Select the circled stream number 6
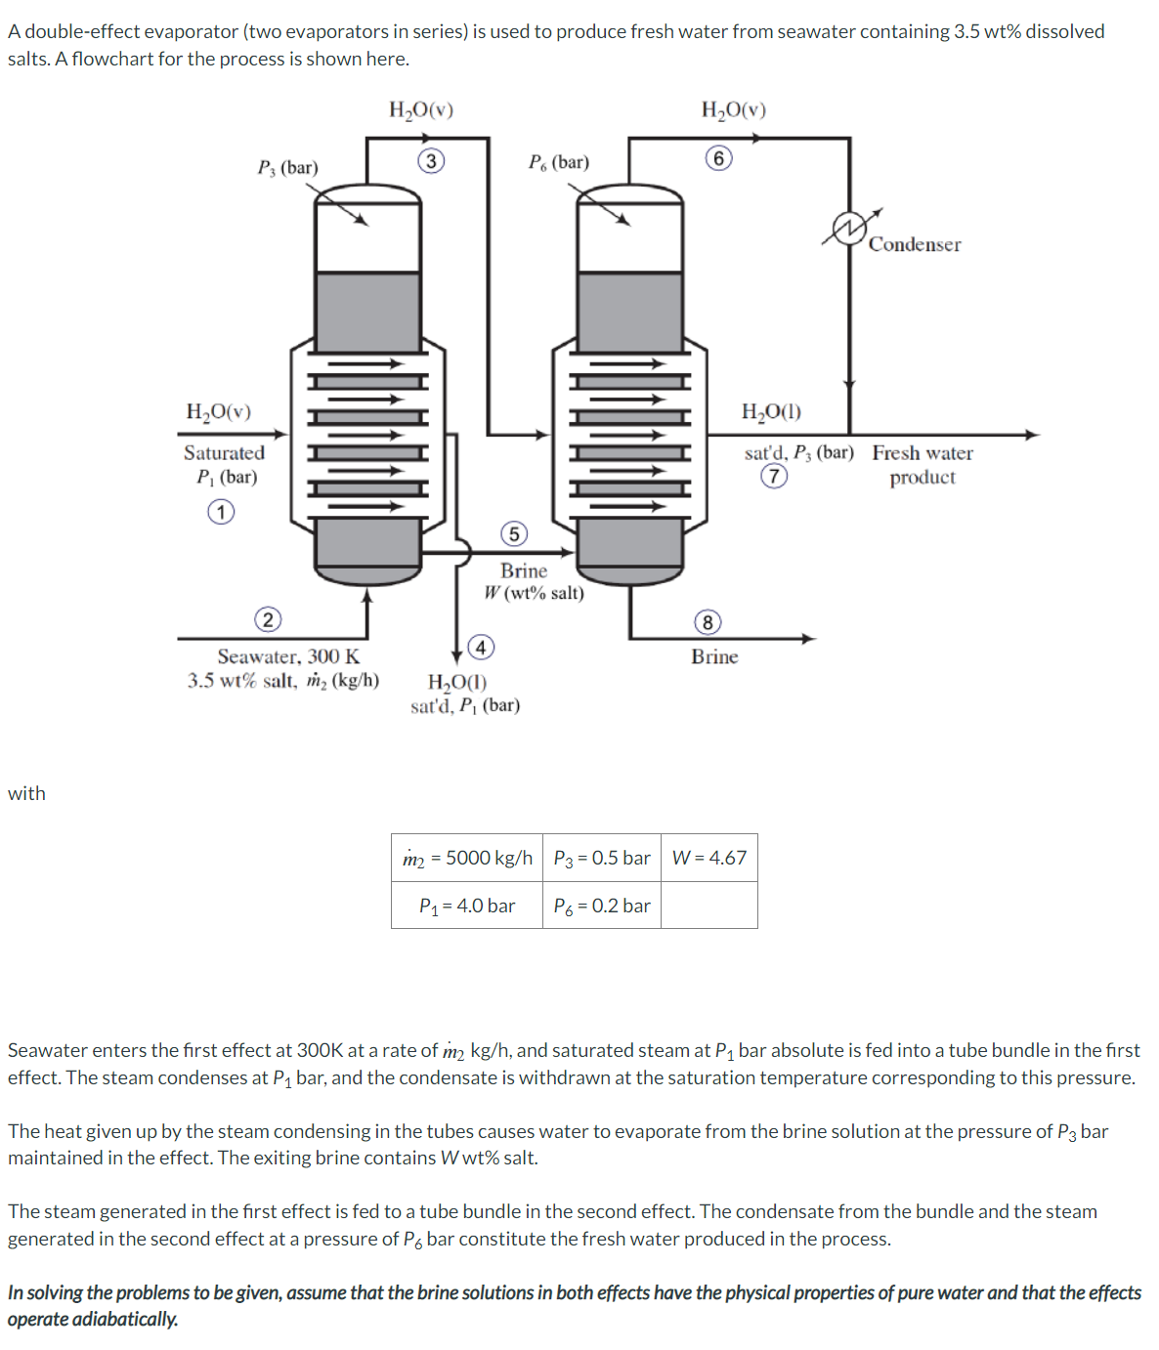click(x=719, y=158)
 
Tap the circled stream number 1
click(x=221, y=512)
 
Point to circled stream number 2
click(x=268, y=619)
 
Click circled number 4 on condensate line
click(x=481, y=647)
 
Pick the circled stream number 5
click(x=514, y=533)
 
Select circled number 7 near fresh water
click(x=774, y=476)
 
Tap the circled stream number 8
click(x=708, y=622)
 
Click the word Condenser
click(x=915, y=245)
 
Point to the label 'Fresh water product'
click(x=923, y=465)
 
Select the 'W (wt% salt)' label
click(x=534, y=593)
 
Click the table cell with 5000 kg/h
click(x=467, y=858)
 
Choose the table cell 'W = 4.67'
click(x=708, y=858)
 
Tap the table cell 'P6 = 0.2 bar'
click(x=601, y=906)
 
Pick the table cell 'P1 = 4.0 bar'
click(x=467, y=906)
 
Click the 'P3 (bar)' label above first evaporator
click(x=287, y=168)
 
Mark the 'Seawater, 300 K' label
click(x=288, y=656)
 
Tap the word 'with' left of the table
click(x=26, y=793)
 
